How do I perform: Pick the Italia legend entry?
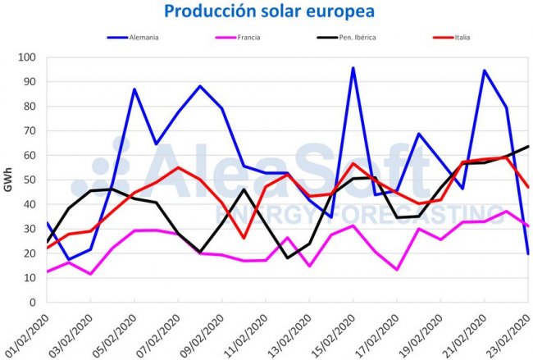click(x=459, y=37)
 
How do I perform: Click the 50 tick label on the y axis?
click(x=30, y=180)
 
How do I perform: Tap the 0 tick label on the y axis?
click(x=33, y=303)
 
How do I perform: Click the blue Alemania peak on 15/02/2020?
click(x=353, y=68)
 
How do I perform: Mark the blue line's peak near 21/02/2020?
click(x=485, y=71)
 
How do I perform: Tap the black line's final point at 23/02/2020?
click(x=528, y=147)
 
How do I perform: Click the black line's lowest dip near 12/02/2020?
click(x=288, y=258)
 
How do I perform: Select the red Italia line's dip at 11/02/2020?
click(x=244, y=238)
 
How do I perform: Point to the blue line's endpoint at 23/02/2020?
click(x=528, y=253)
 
